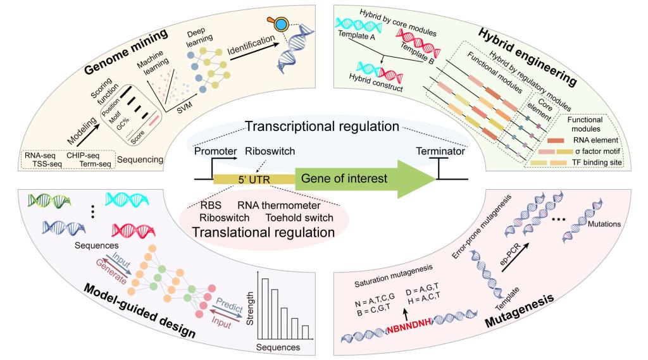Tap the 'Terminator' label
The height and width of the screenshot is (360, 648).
point(437,152)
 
